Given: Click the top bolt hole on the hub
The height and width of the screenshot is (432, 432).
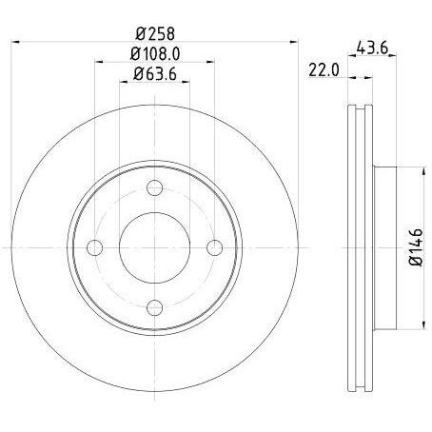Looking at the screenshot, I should [x=154, y=187].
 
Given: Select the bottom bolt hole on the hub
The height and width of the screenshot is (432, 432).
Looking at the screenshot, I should [x=154, y=307].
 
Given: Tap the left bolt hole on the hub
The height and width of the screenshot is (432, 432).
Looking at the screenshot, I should [x=94, y=247].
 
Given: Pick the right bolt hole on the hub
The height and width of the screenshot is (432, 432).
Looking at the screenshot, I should [x=214, y=247].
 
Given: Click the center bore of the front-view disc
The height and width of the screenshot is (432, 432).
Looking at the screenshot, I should [x=154, y=247].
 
